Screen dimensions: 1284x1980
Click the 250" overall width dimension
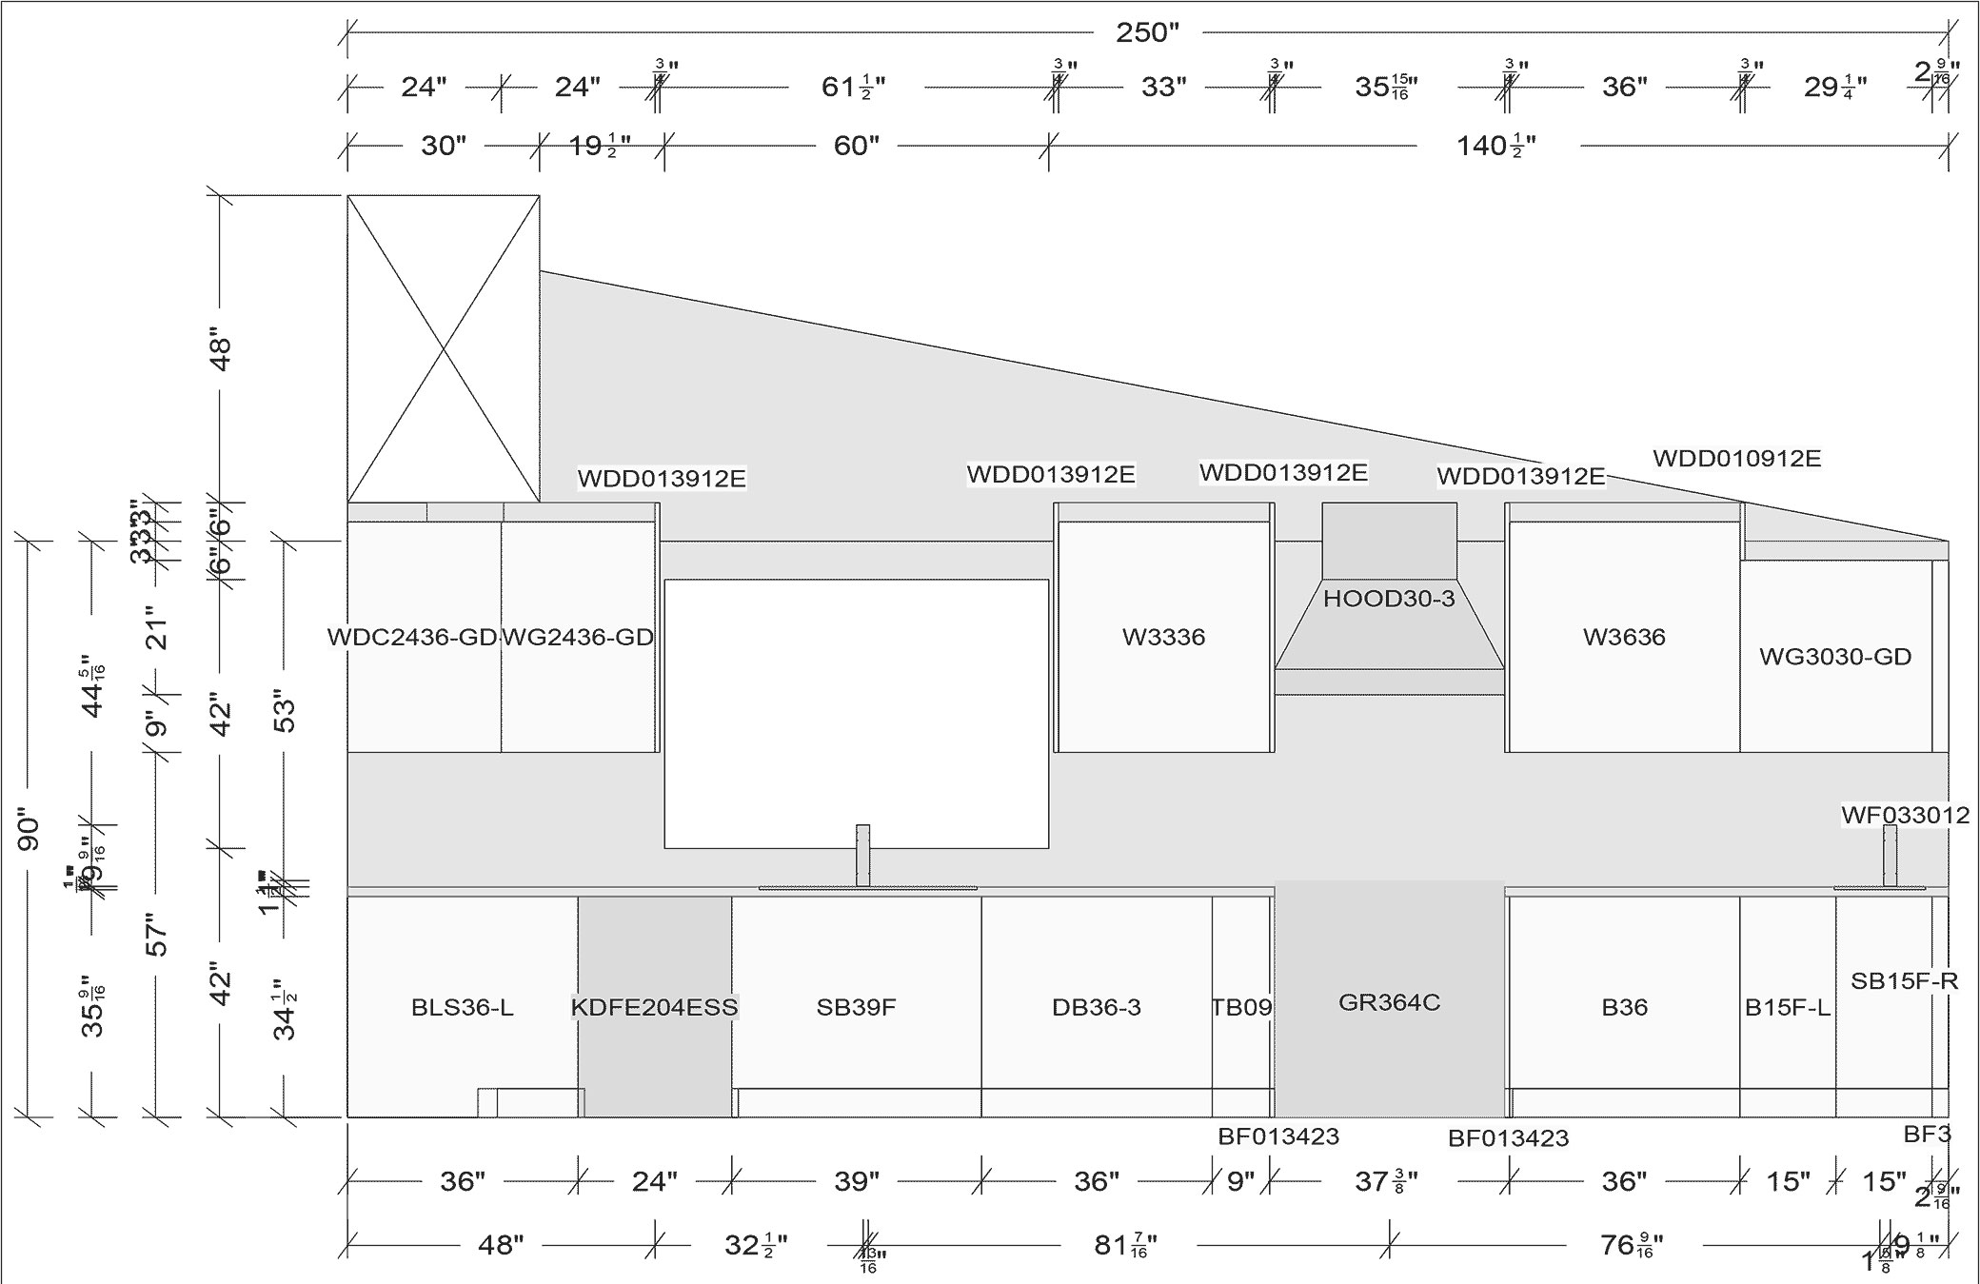coord(1147,33)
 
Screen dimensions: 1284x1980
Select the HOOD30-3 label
coord(1389,599)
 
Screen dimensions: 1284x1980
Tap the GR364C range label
coord(1389,1002)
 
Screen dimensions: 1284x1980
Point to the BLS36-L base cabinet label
coord(463,1007)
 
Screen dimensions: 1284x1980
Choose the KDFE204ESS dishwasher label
coord(655,1007)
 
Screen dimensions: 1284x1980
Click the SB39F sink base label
coord(856,1007)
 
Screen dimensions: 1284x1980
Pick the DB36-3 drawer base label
coord(1096,1007)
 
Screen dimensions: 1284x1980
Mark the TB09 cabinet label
coord(1241,1007)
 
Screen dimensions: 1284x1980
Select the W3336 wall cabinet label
coord(1163,637)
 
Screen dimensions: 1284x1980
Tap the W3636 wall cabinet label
coord(1624,637)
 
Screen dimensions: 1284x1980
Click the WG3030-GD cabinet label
coord(1835,657)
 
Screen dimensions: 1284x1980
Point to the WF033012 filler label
coord(1905,815)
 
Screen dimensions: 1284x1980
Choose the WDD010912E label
coord(1736,459)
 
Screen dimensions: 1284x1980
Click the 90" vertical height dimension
coord(29,831)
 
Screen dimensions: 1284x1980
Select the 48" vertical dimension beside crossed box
coord(220,351)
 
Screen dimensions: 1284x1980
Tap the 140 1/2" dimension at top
coord(1496,147)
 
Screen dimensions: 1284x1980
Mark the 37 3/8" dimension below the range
coord(1386,1182)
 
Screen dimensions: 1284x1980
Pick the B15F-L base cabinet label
coord(1787,1007)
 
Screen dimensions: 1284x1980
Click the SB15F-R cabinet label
coord(1904,980)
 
